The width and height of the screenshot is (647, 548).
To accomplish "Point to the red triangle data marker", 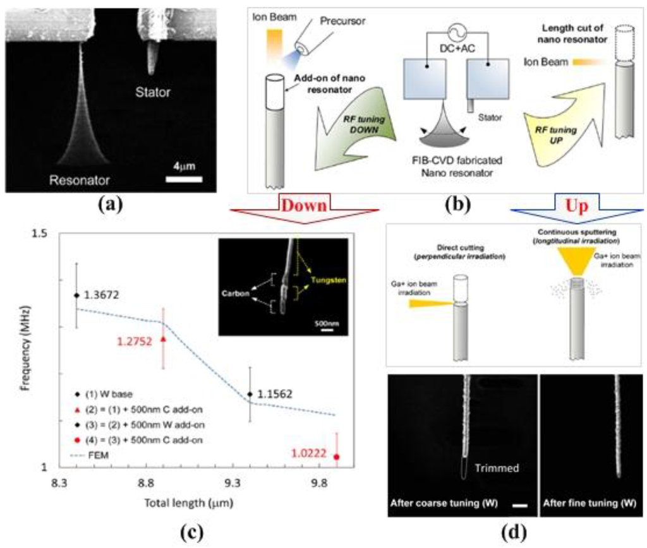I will pos(164,338).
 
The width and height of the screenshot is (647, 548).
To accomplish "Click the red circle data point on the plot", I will pos(336,456).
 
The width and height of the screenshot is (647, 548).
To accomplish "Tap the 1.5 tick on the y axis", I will pos(39,234).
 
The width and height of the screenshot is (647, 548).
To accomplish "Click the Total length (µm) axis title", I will pos(191,505).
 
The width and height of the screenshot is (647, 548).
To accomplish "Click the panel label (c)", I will pos(190,531).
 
